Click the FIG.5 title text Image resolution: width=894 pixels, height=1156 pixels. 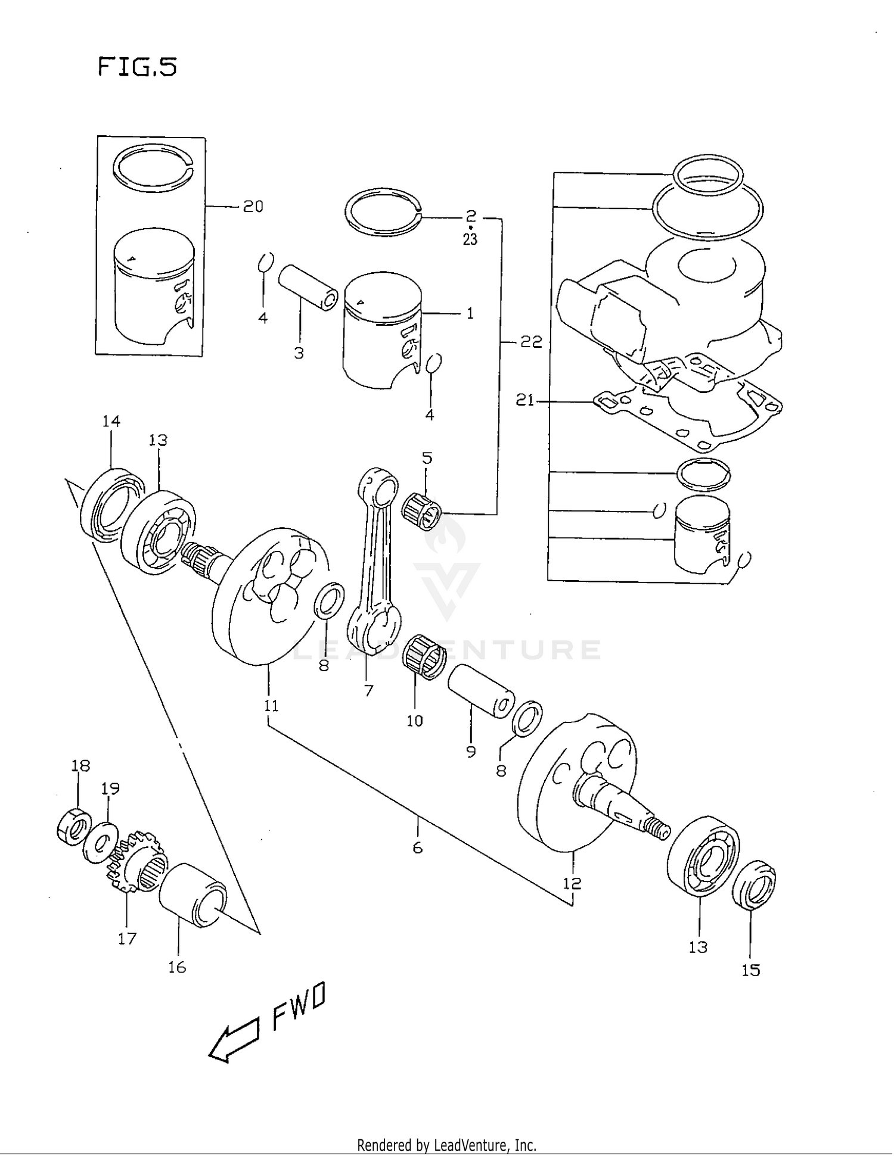pos(137,67)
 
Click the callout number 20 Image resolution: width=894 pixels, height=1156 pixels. pos(253,207)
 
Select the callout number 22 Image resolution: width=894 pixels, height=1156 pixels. pos(531,342)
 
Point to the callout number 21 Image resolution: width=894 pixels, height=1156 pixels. pos(524,400)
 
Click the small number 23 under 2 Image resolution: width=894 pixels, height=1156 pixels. pos(470,240)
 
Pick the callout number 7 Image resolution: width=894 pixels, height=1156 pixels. pos(368,691)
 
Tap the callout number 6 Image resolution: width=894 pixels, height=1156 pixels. pos(417,847)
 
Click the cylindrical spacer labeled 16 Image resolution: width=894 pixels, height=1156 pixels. pos(193,895)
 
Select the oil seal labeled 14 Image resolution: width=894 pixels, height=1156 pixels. pos(111,504)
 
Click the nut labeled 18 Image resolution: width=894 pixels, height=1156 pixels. pos(74,826)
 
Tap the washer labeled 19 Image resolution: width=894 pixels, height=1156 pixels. pos(101,842)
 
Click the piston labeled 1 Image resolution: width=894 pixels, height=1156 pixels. pos(381,331)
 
